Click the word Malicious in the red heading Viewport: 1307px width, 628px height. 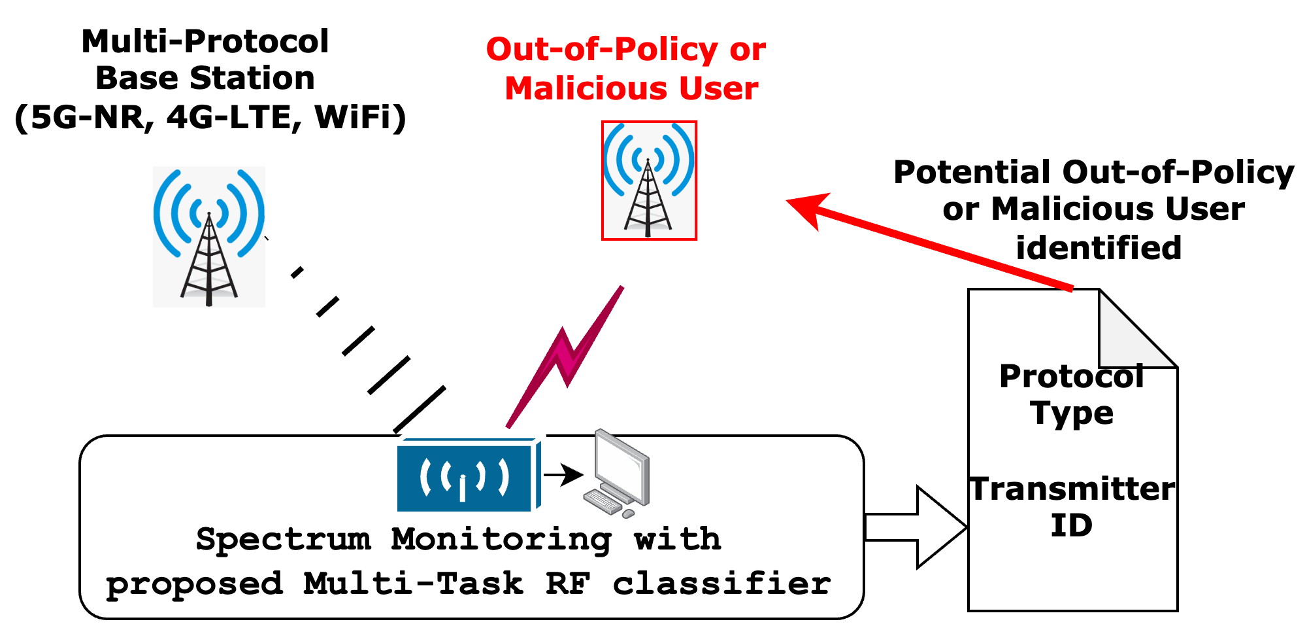586,88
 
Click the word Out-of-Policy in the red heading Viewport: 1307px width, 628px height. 602,50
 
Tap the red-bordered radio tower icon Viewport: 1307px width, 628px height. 649,181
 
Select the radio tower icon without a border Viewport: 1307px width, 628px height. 209,237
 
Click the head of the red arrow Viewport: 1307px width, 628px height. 808,207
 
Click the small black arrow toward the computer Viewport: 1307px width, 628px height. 563,475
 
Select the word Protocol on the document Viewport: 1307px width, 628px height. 1072,377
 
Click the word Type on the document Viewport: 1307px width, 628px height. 1072,413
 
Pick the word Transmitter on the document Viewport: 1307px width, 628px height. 1072,489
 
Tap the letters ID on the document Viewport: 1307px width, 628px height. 1072,526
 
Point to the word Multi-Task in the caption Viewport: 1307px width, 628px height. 413,584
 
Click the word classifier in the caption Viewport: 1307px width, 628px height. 721,584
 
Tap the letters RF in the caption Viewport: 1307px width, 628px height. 567,584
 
